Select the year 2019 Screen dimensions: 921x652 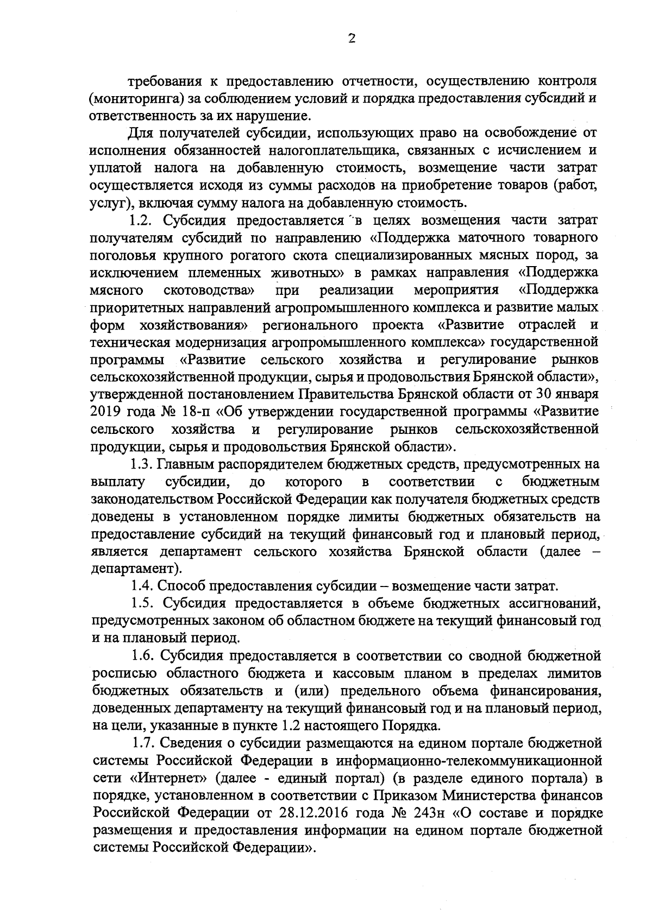pos(104,412)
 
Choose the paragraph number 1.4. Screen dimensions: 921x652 pos(143,586)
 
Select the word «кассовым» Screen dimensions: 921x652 pos(371,673)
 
